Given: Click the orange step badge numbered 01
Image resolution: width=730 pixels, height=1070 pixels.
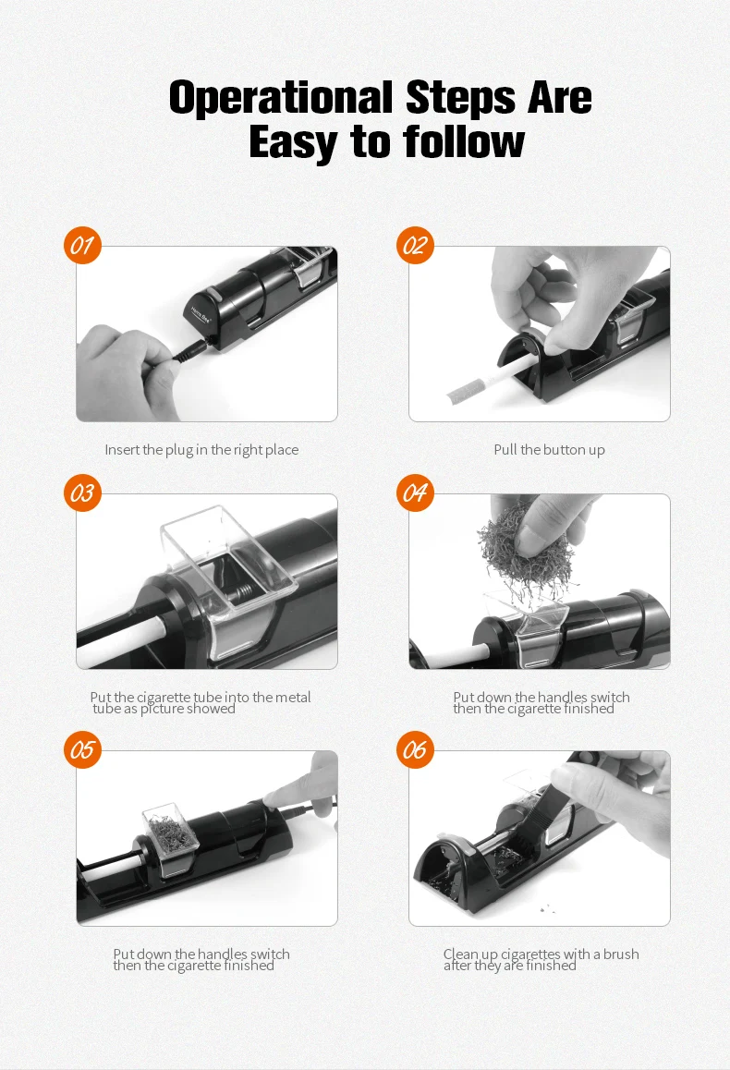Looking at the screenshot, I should [x=82, y=245].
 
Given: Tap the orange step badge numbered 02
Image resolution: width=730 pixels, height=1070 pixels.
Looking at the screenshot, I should [x=415, y=245].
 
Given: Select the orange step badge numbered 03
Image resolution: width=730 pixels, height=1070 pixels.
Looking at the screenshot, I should [x=82, y=492].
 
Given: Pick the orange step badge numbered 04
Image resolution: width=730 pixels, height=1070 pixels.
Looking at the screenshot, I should [x=415, y=492].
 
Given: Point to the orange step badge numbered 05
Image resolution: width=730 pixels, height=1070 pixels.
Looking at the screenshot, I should [x=82, y=749].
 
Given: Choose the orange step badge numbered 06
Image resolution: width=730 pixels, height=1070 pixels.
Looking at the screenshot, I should [x=415, y=749].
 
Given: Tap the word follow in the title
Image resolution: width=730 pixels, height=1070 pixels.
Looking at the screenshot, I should [x=464, y=142].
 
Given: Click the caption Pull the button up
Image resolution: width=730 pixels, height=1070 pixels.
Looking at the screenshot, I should [x=549, y=450].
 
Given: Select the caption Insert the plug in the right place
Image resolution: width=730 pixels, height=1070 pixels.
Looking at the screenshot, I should [x=201, y=450].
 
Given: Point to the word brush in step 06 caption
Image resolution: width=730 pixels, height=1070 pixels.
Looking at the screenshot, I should [x=620, y=954].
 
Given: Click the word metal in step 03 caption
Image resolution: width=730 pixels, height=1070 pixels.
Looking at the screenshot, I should [x=292, y=697].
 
